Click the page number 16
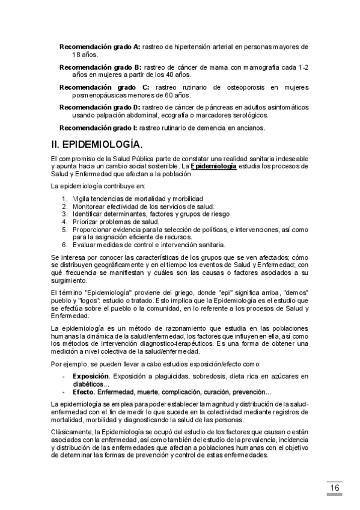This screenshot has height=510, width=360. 335,487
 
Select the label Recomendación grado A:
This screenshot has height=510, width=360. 100,46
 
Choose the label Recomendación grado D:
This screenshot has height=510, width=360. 100,107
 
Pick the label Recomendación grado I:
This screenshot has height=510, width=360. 98,127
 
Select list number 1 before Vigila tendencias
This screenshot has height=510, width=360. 65,198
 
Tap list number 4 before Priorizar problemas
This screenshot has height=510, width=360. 65,221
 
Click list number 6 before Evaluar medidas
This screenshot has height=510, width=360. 65,244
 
